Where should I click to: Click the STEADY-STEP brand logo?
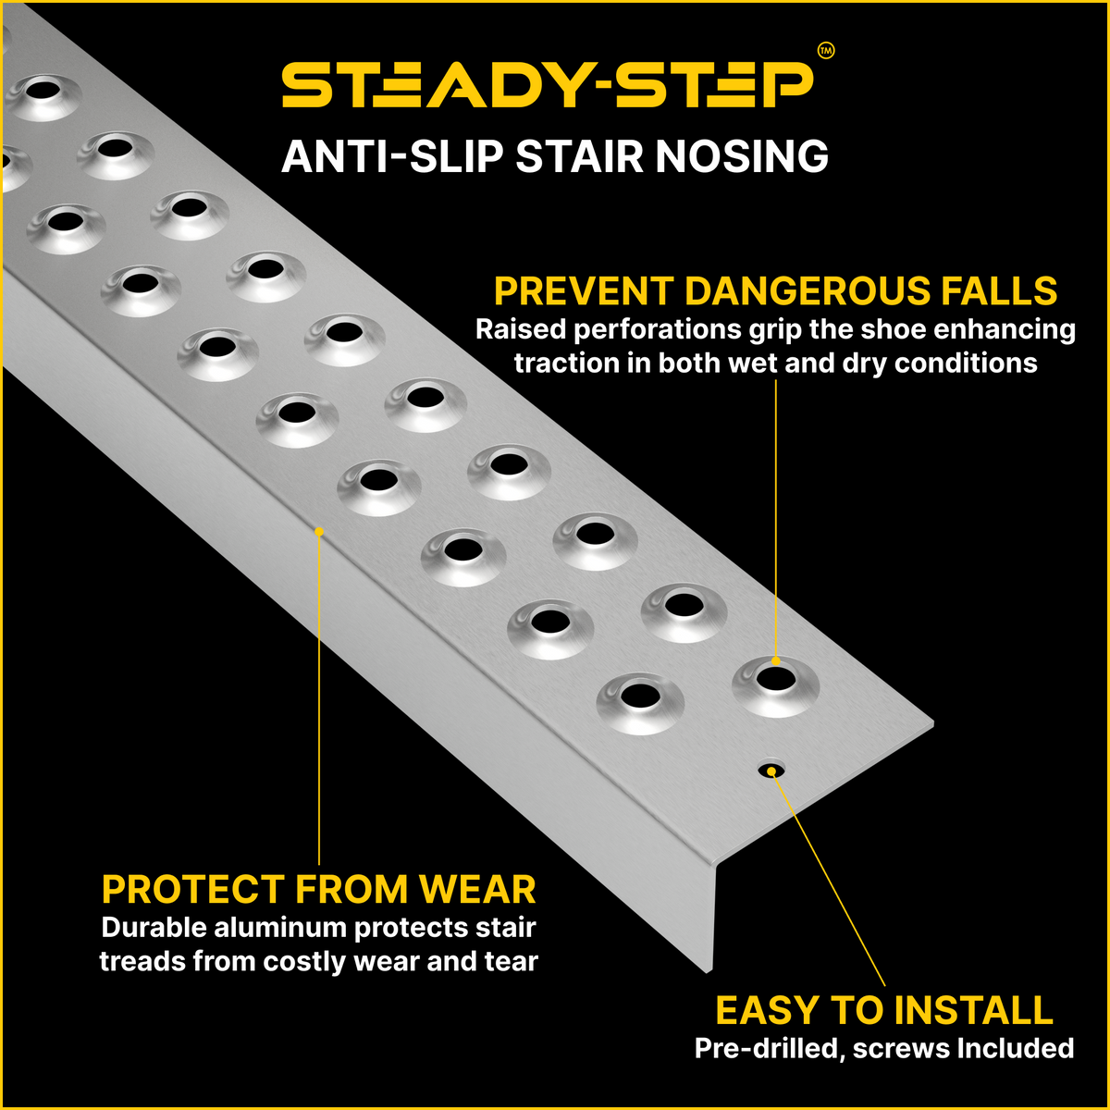tap(548, 85)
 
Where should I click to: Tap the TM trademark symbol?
tap(826, 52)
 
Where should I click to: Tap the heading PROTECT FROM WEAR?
tap(318, 889)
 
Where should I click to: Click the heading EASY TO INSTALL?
tap(884, 1010)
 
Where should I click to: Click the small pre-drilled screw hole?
tap(770, 770)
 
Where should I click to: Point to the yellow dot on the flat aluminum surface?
tap(319, 531)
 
